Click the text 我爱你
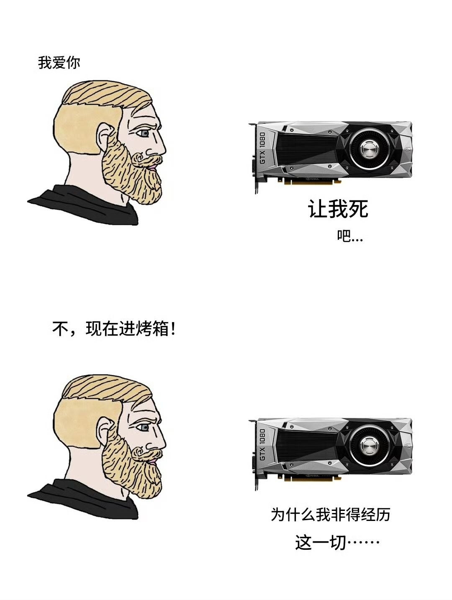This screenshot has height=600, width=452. [x=59, y=63]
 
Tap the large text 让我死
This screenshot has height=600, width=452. [x=338, y=209]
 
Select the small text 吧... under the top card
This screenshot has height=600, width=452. [x=350, y=237]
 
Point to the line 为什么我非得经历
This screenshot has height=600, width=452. [x=330, y=514]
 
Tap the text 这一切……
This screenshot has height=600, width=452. [x=337, y=543]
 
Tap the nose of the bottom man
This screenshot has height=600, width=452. [x=161, y=439]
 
